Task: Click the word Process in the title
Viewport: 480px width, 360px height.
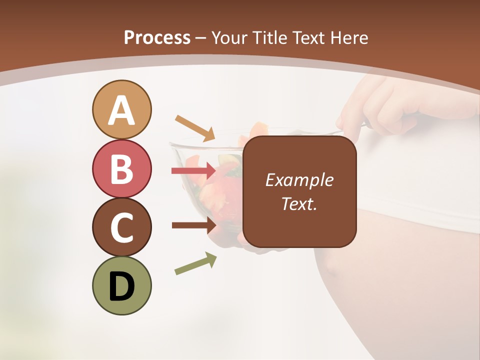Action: (x=157, y=38)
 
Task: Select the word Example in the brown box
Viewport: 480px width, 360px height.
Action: (x=299, y=180)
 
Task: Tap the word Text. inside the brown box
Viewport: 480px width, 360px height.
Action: (x=299, y=204)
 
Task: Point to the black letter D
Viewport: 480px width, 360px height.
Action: (x=121, y=287)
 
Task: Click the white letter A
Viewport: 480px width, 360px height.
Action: (x=121, y=111)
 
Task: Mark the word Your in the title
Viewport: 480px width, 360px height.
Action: (x=229, y=38)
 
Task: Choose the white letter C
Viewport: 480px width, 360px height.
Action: (x=121, y=228)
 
